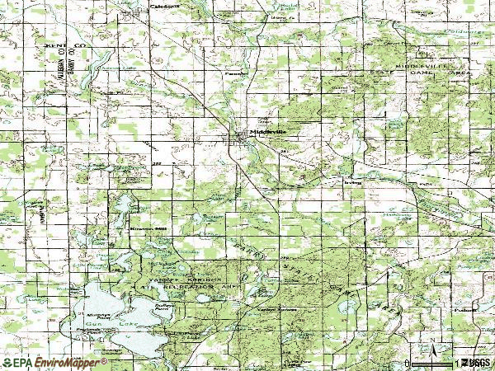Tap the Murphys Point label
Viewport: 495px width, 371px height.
pyautogui.click(x=96, y=314)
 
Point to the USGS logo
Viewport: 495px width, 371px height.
pyautogui.click(x=476, y=363)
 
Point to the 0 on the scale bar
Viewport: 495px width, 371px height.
pyautogui.click(x=407, y=363)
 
